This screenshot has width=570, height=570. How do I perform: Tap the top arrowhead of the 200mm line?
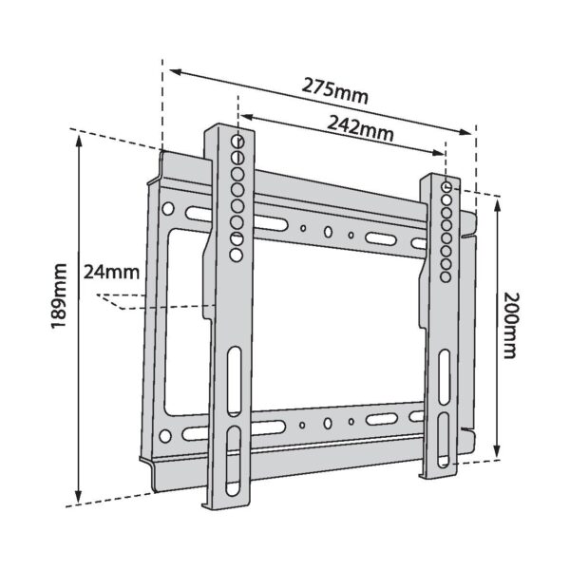(x=496, y=199)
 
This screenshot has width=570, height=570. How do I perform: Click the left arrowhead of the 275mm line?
(x=169, y=67)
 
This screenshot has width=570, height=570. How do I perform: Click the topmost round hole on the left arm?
(x=237, y=141)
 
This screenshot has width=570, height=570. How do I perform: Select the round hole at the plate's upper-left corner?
(x=168, y=208)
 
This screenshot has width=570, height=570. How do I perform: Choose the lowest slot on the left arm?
(x=234, y=464)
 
